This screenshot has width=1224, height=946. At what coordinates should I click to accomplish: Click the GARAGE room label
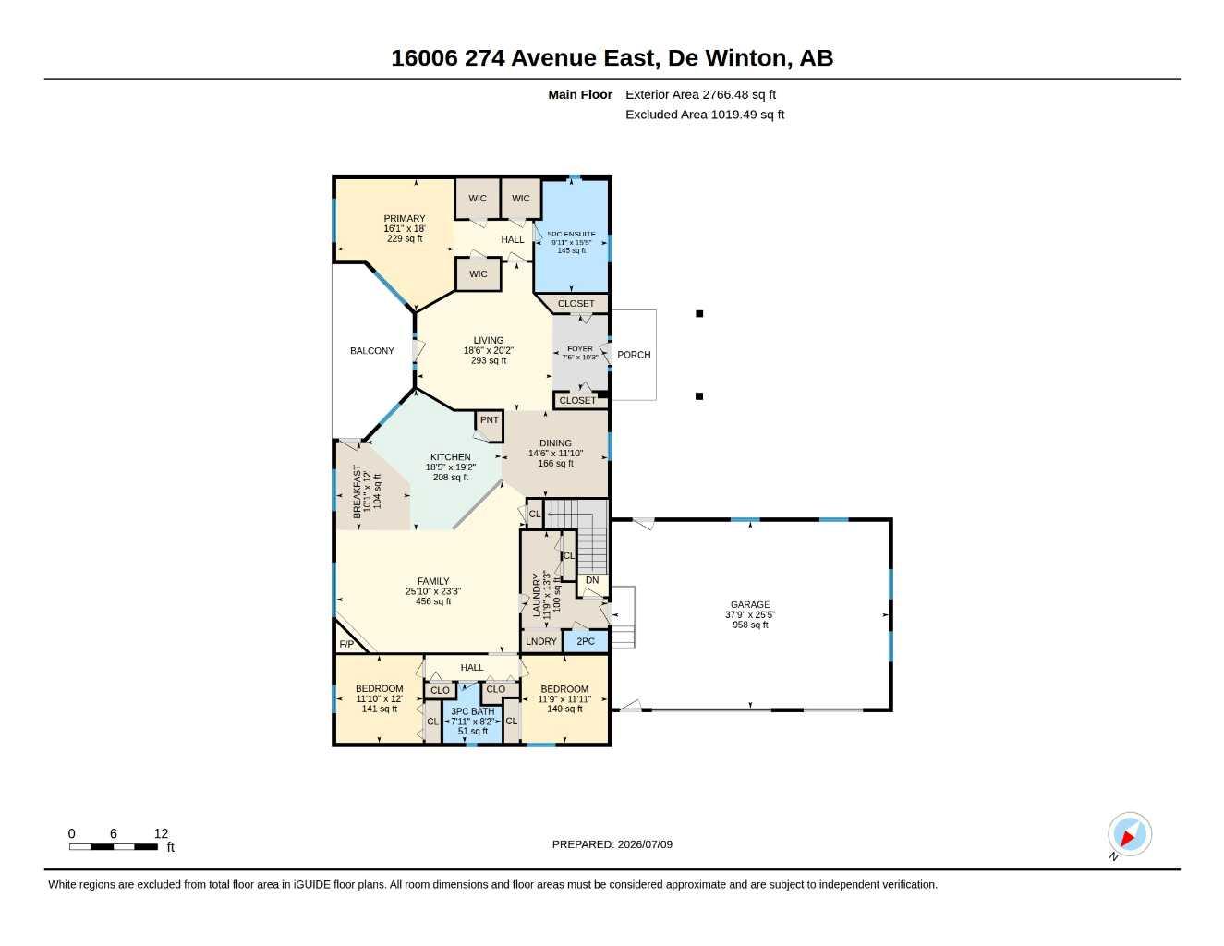[750, 604]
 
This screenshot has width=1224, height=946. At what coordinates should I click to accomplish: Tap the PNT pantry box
[489, 426]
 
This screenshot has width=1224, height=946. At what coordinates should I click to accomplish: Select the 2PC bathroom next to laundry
[586, 641]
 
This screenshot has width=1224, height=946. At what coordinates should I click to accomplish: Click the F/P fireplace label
[346, 644]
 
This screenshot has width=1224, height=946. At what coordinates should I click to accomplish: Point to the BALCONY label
[371, 351]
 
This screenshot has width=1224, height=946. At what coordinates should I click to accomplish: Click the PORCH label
[634, 355]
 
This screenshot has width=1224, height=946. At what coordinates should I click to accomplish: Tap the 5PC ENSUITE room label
[571, 234]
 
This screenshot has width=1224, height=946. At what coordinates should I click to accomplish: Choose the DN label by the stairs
[592, 580]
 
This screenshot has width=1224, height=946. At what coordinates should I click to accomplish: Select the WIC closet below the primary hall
[478, 274]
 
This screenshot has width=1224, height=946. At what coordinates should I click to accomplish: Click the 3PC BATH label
[473, 711]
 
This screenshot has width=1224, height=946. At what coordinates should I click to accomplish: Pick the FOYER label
[579, 349]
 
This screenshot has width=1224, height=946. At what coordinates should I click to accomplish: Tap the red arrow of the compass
[1127, 839]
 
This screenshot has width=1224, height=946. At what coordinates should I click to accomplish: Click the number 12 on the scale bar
[161, 833]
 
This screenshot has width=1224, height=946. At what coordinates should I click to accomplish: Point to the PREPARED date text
[612, 844]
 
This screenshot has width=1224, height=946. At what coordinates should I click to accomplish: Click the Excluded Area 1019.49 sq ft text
[705, 115]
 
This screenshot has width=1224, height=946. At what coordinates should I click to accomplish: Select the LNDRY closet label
[540, 641]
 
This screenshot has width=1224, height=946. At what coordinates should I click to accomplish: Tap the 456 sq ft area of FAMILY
[433, 601]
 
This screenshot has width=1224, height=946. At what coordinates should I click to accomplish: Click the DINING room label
[555, 443]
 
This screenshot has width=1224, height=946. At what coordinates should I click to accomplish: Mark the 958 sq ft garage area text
[750, 625]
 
